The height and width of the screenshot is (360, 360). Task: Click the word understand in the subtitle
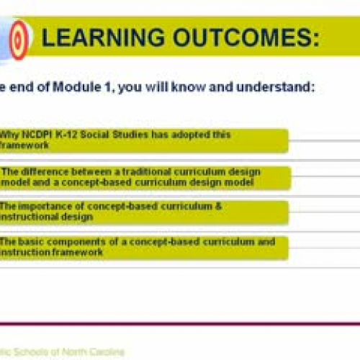tap(277, 89)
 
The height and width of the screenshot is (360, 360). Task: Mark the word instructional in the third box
tap(25, 216)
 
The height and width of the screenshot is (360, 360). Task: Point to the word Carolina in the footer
tap(104, 352)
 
